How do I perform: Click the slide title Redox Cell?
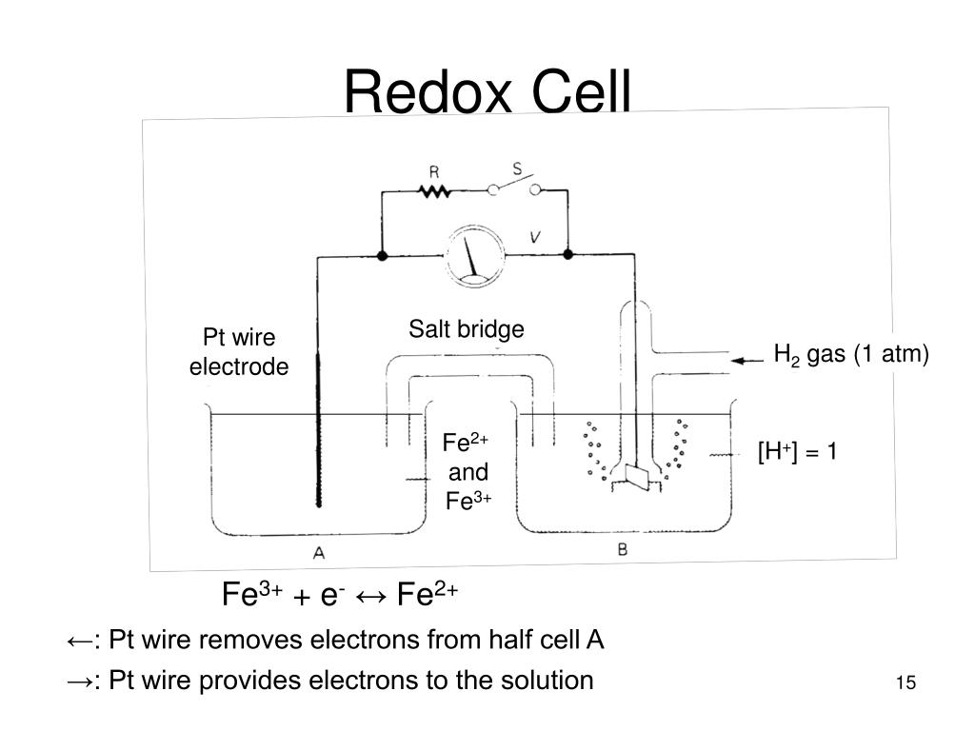point(487,92)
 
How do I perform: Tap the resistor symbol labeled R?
point(435,191)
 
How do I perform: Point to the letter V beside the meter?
point(536,238)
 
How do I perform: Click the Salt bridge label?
point(467,329)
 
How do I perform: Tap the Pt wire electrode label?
point(238,352)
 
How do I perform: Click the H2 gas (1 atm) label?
point(850,355)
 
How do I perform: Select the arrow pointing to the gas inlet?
point(748,360)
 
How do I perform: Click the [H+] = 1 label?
point(798,451)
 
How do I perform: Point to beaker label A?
point(318,551)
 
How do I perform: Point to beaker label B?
point(622,549)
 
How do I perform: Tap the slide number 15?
point(905,682)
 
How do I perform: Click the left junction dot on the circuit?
point(381,255)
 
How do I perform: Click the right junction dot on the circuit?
point(568,255)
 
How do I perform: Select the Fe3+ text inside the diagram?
point(468,501)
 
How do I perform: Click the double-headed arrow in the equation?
point(372,597)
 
